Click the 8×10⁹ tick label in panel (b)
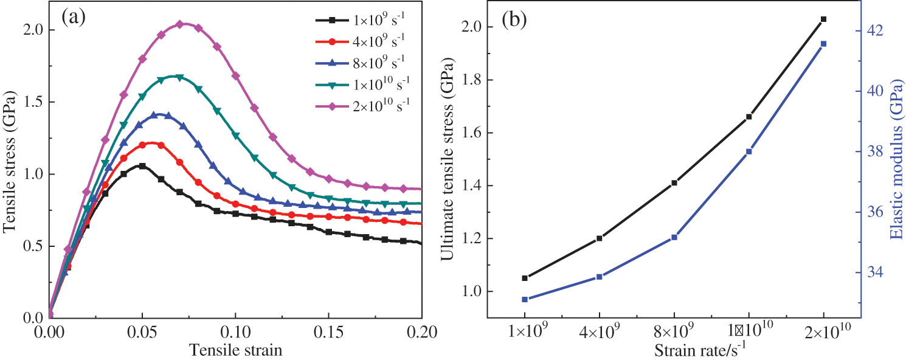pyautogui.click(x=674, y=334)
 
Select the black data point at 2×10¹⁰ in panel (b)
pyautogui.click(x=824, y=19)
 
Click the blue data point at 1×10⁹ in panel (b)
pyautogui.click(x=525, y=299)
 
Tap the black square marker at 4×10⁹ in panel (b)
pyautogui.click(x=600, y=238)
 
